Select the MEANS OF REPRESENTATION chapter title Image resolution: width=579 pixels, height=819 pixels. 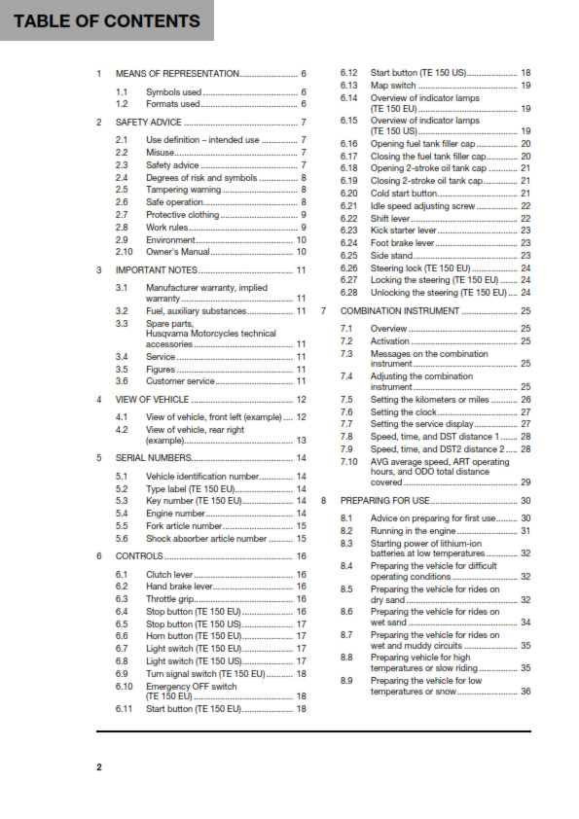(177, 74)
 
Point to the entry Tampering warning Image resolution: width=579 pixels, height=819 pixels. (183, 190)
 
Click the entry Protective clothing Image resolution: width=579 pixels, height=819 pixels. (182, 215)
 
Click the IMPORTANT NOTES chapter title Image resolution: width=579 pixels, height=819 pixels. (157, 269)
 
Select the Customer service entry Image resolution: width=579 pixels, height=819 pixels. (180, 381)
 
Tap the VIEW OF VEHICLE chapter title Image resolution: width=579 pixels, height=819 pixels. (152, 399)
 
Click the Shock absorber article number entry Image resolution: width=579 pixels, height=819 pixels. (205, 538)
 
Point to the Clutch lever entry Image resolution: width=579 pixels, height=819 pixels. (169, 575)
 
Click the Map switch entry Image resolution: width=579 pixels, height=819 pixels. (394, 86)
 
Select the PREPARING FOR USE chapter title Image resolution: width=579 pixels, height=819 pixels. (385, 500)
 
